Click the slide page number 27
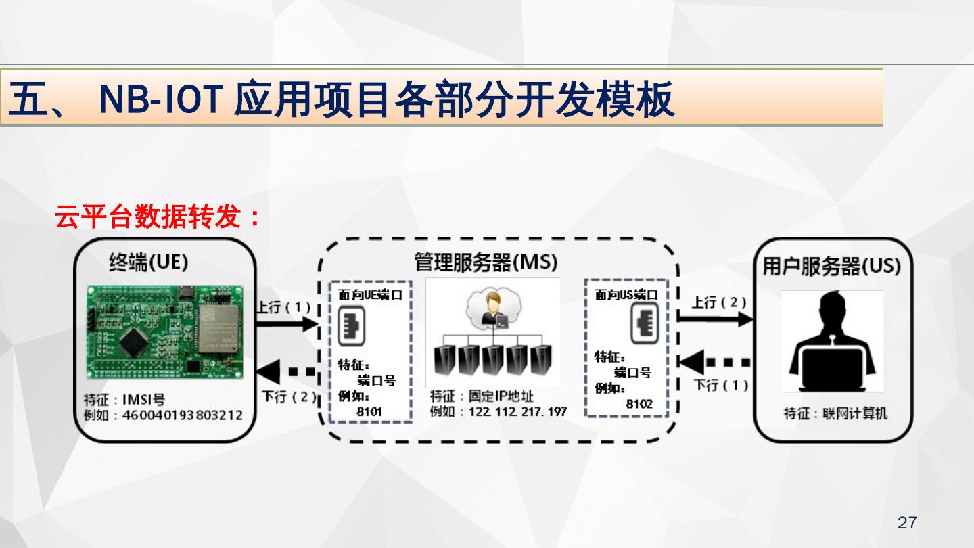tap(907, 522)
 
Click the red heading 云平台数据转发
tap(157, 217)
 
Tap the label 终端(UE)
tap(148, 262)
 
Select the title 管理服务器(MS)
tap(486, 262)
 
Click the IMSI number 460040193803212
tap(182, 415)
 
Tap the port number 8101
tap(369, 411)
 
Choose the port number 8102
tap(639, 403)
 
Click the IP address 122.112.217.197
tap(517, 411)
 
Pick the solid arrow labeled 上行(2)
tap(716, 319)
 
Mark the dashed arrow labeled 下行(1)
tap(714, 363)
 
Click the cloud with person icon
tap(492, 309)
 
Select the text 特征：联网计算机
tap(835, 413)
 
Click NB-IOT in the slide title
tap(162, 100)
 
